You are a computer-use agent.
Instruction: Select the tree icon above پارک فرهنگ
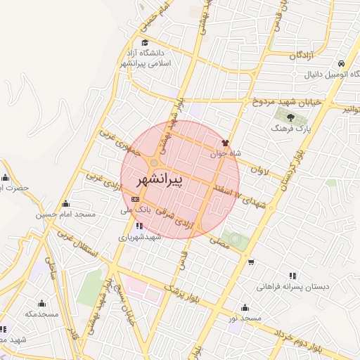(x=290, y=117)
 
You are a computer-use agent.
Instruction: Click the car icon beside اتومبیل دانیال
(x=341, y=62)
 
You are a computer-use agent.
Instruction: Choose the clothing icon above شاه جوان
(x=226, y=142)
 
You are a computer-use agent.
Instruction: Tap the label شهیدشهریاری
(x=140, y=238)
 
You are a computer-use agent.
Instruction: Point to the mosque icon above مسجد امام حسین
(x=66, y=203)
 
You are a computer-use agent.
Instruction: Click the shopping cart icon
(x=251, y=262)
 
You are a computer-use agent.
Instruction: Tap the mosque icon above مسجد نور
(x=244, y=307)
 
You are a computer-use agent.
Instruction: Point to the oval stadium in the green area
(x=236, y=240)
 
